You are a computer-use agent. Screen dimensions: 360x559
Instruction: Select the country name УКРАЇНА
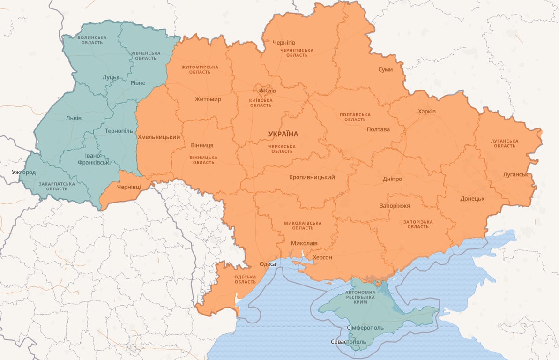click(283, 134)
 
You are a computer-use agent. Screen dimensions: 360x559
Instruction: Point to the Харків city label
click(426, 112)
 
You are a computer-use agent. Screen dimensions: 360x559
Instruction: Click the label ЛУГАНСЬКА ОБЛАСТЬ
click(505, 143)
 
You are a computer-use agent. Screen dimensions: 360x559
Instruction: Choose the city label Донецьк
click(472, 199)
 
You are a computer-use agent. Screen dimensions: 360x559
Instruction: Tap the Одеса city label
click(268, 264)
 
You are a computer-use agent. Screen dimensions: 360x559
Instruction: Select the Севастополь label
click(348, 342)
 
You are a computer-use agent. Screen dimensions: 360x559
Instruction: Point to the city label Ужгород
click(23, 172)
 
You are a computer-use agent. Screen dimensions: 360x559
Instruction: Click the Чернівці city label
click(128, 187)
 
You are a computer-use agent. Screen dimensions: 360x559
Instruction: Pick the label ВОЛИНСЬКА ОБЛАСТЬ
click(92, 40)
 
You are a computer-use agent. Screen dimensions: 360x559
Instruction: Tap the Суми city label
click(385, 70)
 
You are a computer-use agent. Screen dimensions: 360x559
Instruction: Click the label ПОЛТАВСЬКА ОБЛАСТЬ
click(355, 117)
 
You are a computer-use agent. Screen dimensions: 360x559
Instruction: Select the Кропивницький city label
click(312, 177)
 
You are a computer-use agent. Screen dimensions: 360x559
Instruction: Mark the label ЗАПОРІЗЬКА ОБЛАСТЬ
click(418, 224)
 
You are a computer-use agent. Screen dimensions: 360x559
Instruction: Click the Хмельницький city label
click(159, 137)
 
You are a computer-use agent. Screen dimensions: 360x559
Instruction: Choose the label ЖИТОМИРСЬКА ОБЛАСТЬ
click(200, 69)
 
